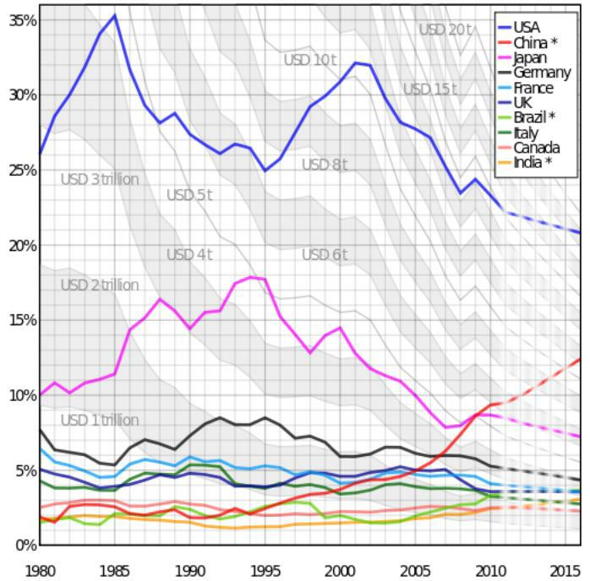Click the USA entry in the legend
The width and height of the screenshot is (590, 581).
pyautogui.click(x=526, y=27)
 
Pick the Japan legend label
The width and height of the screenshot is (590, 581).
pyautogui.click(x=529, y=57)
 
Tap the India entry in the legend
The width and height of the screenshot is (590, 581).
pyautogui.click(x=533, y=162)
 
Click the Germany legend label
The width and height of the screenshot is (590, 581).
pyautogui.click(x=542, y=73)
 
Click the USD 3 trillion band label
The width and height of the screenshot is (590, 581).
pyautogui.click(x=100, y=179)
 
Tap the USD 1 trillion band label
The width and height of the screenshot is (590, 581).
pyautogui.click(x=100, y=420)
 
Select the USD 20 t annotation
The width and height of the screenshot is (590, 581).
pyautogui.click(x=445, y=30)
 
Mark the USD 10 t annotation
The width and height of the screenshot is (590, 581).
pyautogui.click(x=310, y=60)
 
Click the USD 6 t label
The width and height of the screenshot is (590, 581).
pyautogui.click(x=325, y=254)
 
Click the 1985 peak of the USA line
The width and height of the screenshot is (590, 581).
pyautogui.click(x=115, y=15)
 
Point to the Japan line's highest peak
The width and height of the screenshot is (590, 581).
pyautogui.click(x=251, y=277)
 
